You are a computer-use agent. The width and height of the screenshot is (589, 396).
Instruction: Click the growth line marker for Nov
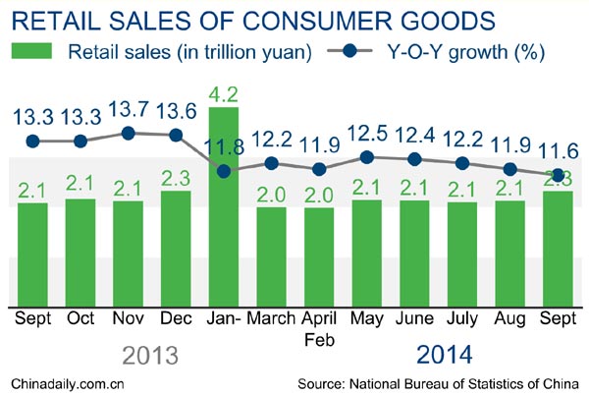[129, 133]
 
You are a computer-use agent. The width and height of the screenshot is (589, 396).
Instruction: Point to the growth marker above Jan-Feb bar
[225, 171]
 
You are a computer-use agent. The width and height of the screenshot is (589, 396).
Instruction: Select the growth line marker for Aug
[510, 168]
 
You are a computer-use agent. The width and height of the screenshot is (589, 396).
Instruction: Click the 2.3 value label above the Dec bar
[177, 177]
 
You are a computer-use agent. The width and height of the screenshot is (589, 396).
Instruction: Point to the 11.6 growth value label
[558, 152]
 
